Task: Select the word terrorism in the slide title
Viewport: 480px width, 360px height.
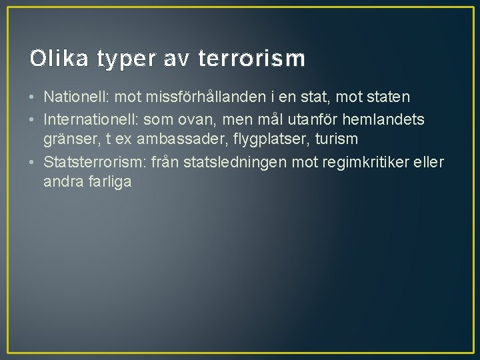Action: [x=252, y=59]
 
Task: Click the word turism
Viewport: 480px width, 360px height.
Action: [x=337, y=139]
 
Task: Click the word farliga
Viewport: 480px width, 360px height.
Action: [x=109, y=181]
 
